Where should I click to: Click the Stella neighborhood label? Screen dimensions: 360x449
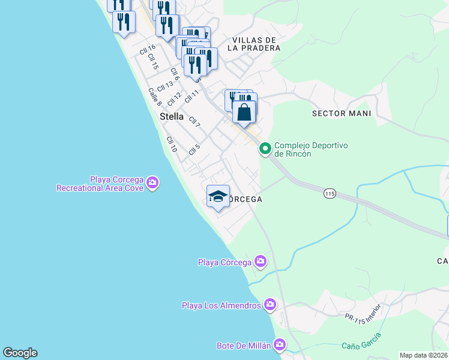coord(172,117)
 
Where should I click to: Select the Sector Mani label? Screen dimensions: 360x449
coord(341,113)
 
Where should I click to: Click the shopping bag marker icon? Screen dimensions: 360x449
coord(244,112)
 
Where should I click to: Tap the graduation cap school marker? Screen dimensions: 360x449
coord(218,196)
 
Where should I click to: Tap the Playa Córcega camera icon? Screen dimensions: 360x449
coord(260,261)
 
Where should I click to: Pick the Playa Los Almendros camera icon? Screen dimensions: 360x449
coord(270,305)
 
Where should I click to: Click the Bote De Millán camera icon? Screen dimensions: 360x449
coord(280,345)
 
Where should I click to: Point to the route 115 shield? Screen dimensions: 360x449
coord(329,194)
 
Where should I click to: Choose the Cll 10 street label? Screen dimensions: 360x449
coord(172,144)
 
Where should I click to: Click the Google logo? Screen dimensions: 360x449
coord(20,353)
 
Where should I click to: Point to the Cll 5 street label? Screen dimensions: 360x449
coord(193,149)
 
